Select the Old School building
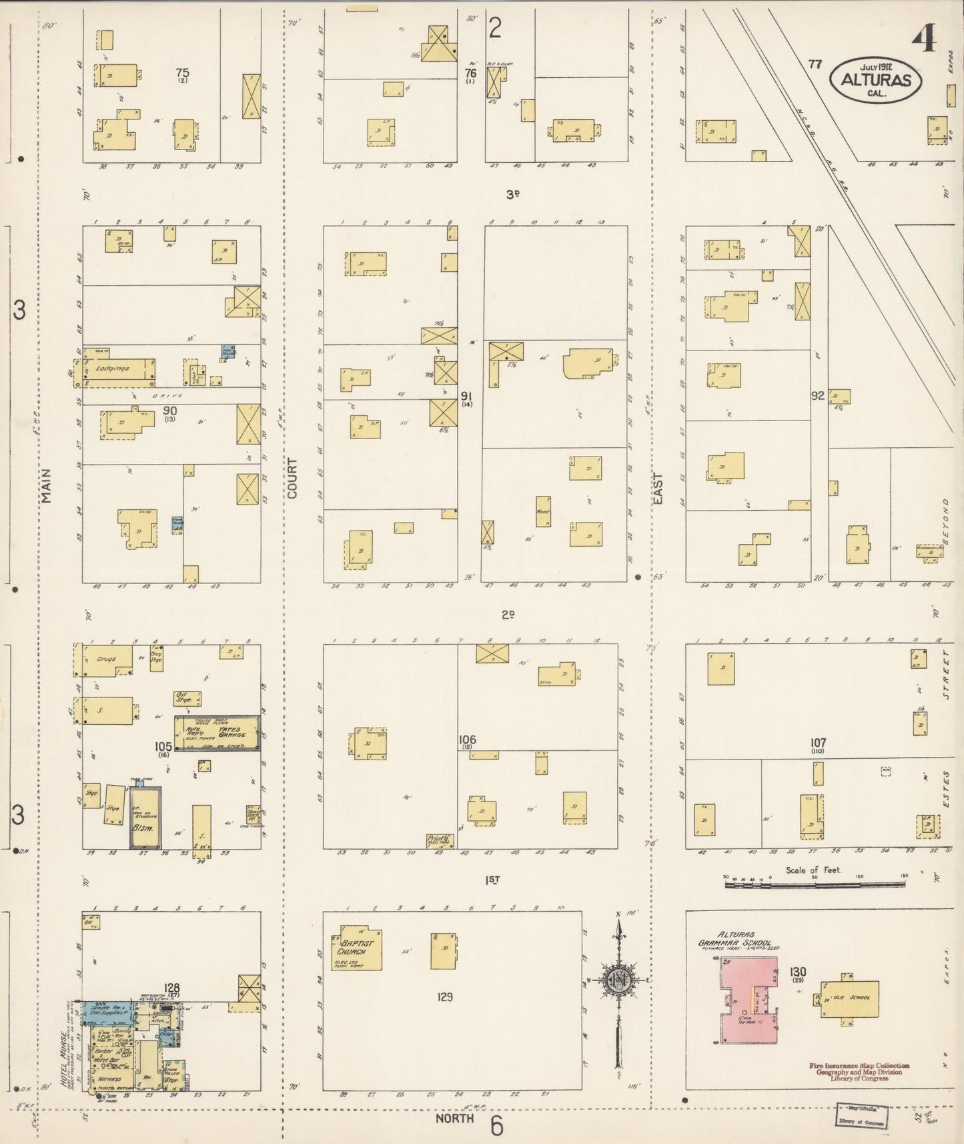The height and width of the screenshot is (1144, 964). pos(850,998)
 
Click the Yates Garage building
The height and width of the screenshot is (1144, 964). pos(217,734)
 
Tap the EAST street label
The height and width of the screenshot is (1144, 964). pos(658,488)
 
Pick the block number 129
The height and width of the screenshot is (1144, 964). pos(445,996)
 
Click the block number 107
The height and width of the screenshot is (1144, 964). pos(819,743)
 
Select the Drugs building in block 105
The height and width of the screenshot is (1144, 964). pos(105,660)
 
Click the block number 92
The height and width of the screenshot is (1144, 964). pos(818,395)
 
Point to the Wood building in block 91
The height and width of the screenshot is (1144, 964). pos(543,512)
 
